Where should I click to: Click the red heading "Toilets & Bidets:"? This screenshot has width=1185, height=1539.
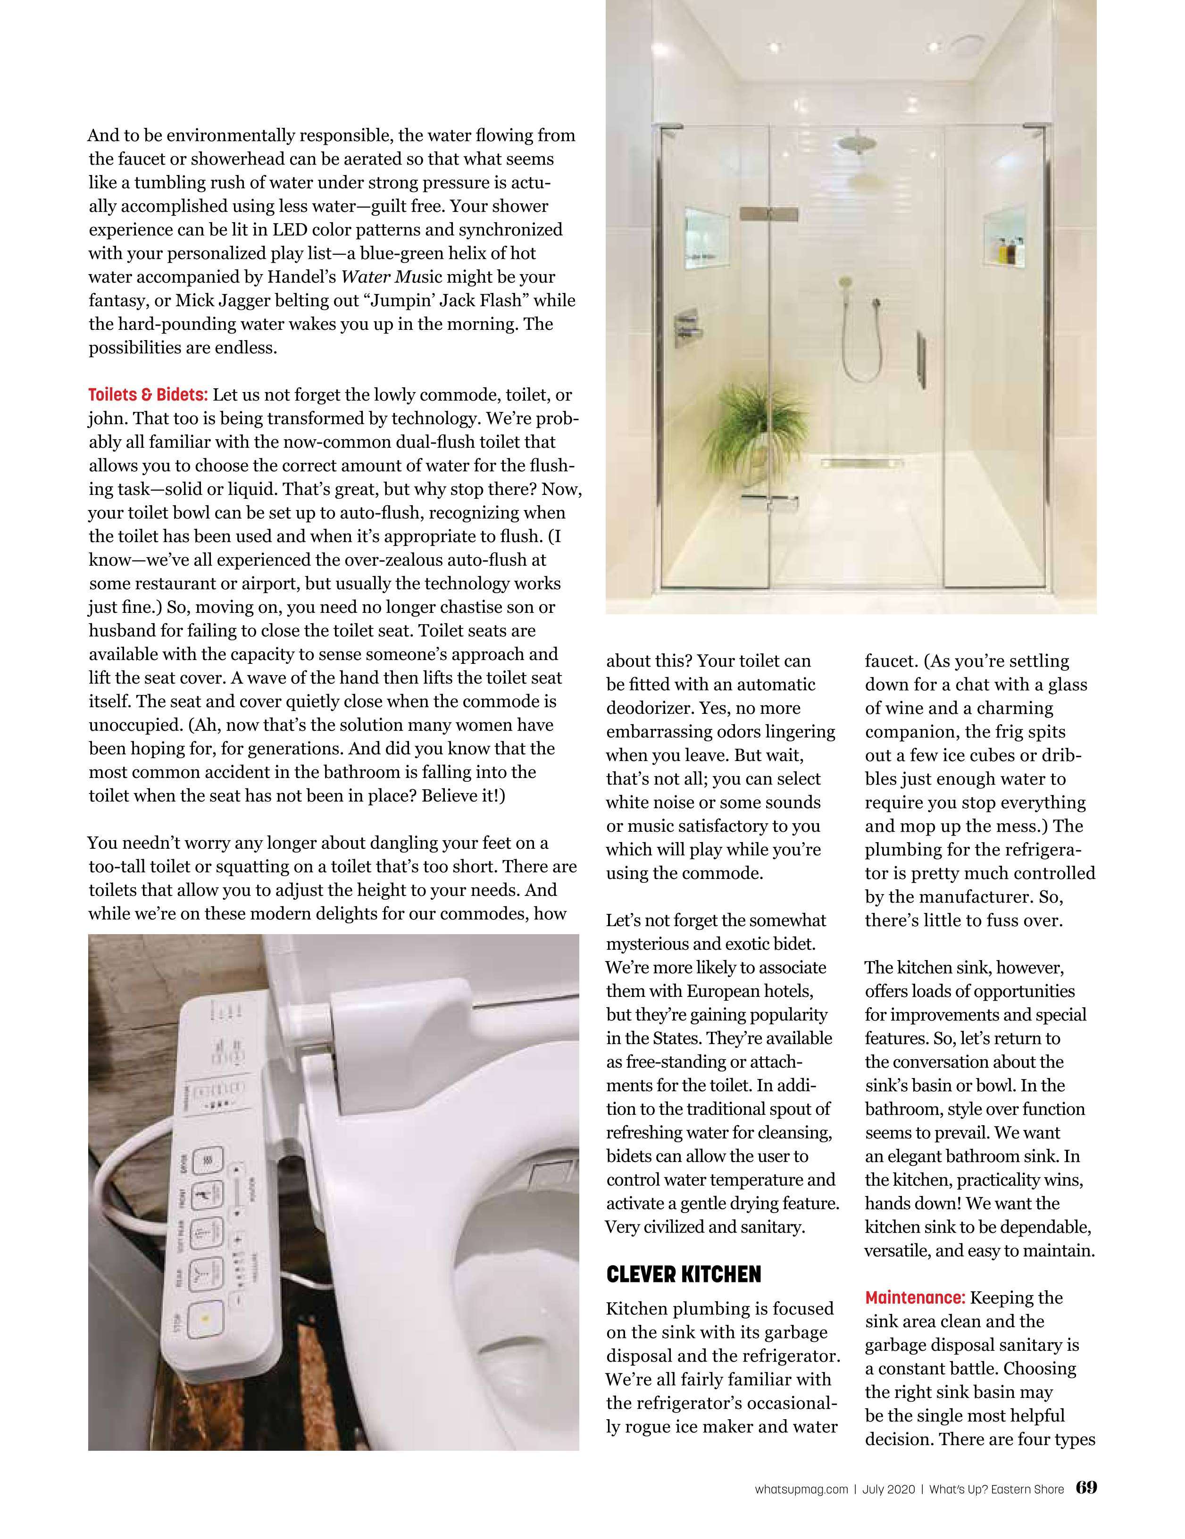(148, 394)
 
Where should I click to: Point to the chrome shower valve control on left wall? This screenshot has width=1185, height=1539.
(688, 323)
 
